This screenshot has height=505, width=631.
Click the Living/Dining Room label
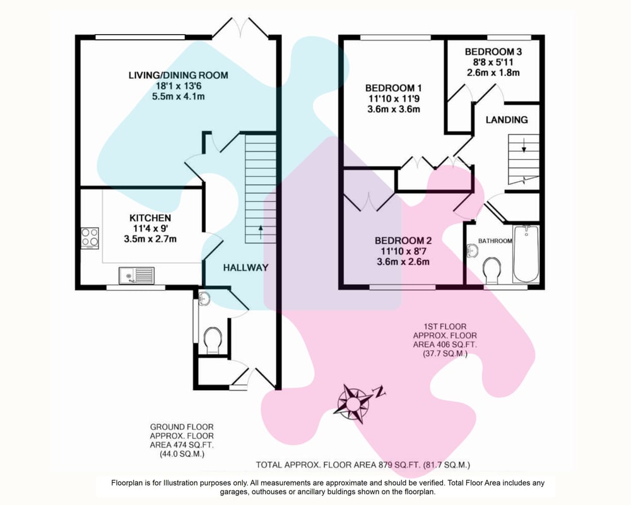point(179,75)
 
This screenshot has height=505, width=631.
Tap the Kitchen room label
point(150,218)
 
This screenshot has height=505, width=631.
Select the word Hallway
point(245,268)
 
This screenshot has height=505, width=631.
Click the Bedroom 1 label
point(393,88)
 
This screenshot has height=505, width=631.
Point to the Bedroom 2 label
point(403,241)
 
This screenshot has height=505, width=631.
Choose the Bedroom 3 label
point(493,52)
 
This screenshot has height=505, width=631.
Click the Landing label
point(507,119)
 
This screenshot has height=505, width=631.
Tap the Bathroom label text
point(495,241)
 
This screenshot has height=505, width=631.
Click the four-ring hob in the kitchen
point(90,238)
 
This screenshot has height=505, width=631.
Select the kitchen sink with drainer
point(136,275)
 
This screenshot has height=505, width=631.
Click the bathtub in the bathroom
point(526,254)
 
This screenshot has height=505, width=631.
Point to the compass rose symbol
point(355,403)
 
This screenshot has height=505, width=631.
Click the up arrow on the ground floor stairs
point(261,232)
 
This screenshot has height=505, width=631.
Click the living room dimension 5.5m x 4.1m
point(179,97)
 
